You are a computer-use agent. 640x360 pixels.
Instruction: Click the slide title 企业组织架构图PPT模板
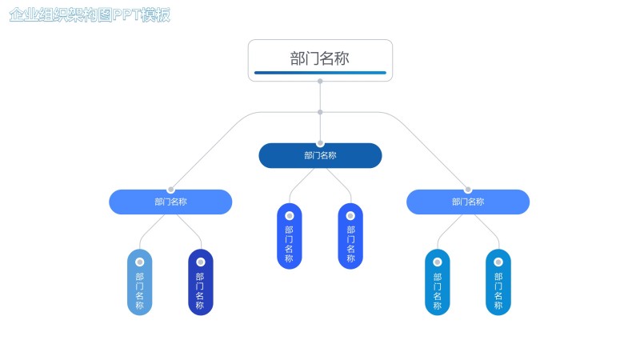coord(90,16)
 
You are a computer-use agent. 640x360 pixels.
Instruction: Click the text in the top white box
coord(320,58)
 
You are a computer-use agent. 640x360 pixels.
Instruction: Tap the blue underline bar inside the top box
coord(320,73)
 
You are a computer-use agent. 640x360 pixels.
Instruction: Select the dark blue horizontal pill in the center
coord(320,155)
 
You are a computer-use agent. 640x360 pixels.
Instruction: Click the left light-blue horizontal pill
coord(170,202)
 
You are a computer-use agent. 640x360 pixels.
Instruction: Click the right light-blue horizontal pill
coord(468,202)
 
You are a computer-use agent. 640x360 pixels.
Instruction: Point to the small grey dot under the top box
coord(320,82)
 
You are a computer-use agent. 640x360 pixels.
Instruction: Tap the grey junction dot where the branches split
coord(320,112)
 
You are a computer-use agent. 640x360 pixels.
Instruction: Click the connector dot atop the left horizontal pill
coord(170,190)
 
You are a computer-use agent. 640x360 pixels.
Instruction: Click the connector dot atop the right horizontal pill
coord(468,190)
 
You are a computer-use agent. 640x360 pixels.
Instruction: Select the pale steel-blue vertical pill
coord(140,282)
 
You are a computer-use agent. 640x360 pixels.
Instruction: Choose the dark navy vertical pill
coord(201,282)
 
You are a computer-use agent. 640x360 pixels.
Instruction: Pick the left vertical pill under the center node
coord(290,236)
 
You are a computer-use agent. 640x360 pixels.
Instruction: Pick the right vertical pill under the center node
coord(350,236)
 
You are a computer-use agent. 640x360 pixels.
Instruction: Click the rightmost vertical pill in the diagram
coord(498,282)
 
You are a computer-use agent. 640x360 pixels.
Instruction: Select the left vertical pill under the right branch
coord(438,282)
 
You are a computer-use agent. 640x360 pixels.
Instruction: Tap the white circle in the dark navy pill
coord(201,262)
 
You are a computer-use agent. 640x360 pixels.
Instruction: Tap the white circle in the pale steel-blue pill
coord(140,262)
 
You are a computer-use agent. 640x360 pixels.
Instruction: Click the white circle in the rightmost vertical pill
coord(498,262)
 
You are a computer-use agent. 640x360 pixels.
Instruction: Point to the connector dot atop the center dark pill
coord(320,143)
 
